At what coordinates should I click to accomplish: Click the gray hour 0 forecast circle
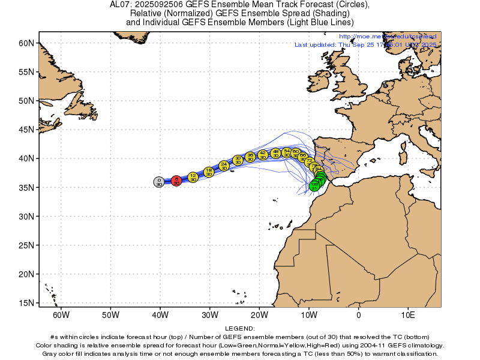pyautogui.click(x=158, y=182)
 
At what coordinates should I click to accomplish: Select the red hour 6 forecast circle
pyautogui.click(x=176, y=181)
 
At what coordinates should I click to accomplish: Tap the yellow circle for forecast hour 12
pyautogui.click(x=193, y=177)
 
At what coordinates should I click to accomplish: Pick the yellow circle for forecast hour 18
pyautogui.click(x=209, y=172)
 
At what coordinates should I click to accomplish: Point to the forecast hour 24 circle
pyautogui.click(x=224, y=165)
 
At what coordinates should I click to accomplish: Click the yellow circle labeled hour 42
pyautogui.click(x=262, y=155)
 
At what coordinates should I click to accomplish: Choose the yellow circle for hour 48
pyautogui.click(x=275, y=153)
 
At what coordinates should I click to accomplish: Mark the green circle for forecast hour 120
pyautogui.click(x=314, y=186)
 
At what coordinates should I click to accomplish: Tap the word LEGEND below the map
pyautogui.click(x=240, y=329)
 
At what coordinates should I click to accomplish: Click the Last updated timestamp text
pyautogui.click(x=366, y=45)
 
